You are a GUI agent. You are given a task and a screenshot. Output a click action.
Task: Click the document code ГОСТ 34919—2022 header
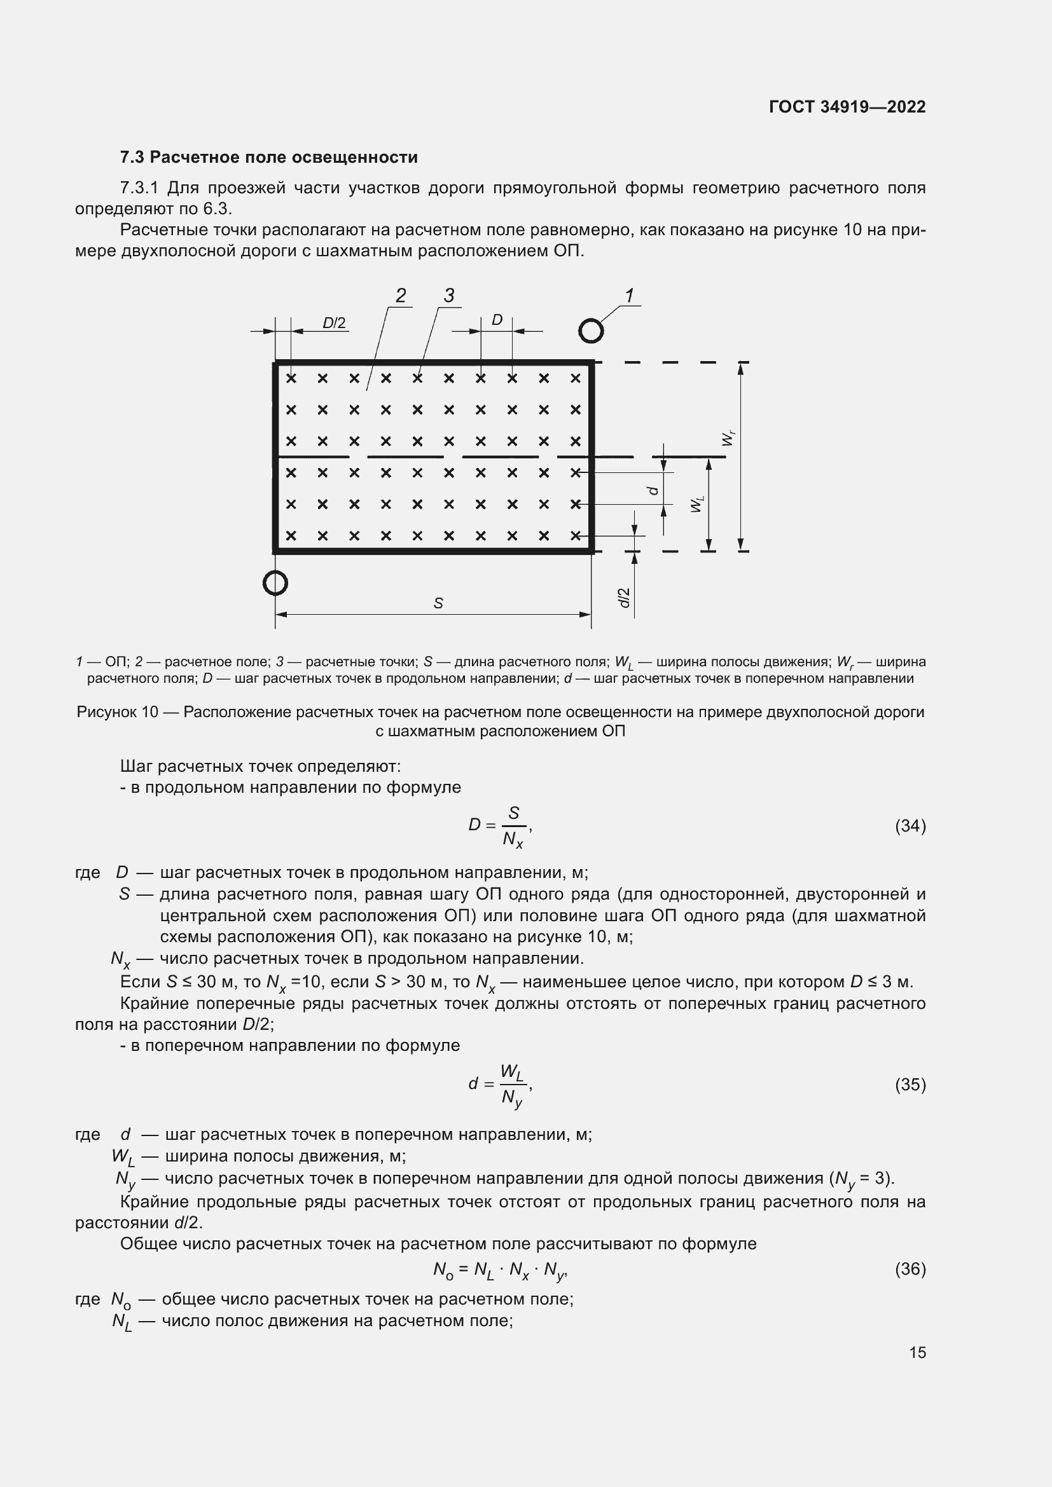tap(847, 107)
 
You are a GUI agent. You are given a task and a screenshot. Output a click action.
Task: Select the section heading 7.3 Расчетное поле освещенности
tap(269, 158)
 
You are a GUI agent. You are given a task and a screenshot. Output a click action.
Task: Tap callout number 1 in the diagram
tap(629, 296)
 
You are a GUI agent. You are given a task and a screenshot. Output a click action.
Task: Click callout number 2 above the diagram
tap(401, 296)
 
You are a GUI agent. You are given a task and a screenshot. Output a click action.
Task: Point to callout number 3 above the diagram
tap(449, 296)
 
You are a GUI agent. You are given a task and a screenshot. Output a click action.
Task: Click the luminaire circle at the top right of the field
tap(591, 331)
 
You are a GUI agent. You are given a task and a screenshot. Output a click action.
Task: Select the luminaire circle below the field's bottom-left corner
tap(275, 583)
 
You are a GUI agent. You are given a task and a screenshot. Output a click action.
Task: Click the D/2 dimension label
tap(335, 322)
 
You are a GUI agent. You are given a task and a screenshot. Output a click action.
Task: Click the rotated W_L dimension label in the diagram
tap(696, 504)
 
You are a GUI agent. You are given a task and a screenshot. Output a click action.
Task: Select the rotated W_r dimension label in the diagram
tap(728, 439)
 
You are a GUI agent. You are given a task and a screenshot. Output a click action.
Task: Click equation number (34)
tap(910, 826)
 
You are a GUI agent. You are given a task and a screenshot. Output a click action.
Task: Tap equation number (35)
tap(910, 1085)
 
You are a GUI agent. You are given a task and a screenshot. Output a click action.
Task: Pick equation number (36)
tap(910, 1269)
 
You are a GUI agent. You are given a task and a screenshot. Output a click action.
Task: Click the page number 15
tap(917, 1352)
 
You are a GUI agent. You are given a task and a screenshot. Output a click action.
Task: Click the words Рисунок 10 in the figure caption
tap(117, 713)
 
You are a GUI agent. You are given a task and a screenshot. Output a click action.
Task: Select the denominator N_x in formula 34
tap(513, 840)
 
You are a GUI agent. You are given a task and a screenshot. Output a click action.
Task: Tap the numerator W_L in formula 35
tap(512, 1072)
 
